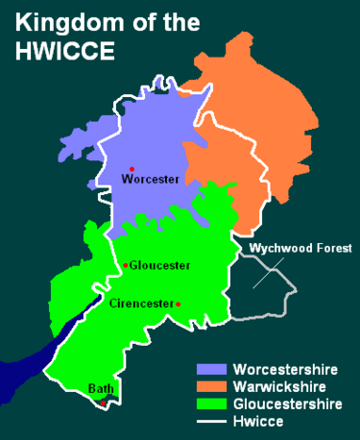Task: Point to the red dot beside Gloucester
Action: (x=125, y=265)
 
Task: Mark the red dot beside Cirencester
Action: (x=179, y=305)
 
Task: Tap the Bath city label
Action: (x=101, y=389)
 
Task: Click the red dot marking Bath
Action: (x=101, y=403)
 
